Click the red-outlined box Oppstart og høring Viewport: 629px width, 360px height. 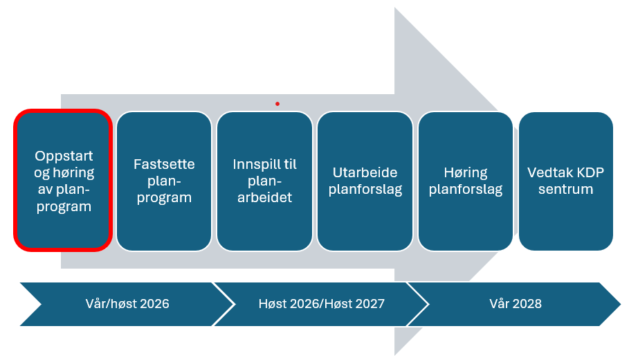[x=63, y=181]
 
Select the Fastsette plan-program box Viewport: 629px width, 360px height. [x=164, y=181]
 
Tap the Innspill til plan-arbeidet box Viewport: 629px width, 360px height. [x=265, y=181]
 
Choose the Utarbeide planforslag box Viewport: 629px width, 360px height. [x=365, y=181]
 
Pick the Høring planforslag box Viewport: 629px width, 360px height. [x=465, y=181]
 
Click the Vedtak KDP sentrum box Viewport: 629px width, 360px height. [x=565, y=181]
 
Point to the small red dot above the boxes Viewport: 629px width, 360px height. [x=277, y=104]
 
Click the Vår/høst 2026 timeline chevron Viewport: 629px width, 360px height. [x=127, y=304]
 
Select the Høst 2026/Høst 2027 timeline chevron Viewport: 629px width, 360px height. [x=321, y=304]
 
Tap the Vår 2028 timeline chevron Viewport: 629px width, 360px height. [x=515, y=304]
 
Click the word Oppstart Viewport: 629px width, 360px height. [x=64, y=156]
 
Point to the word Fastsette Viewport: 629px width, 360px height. [x=164, y=164]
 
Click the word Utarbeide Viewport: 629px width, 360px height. [x=365, y=172]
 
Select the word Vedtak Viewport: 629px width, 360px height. [x=545, y=172]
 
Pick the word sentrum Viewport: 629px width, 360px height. [x=565, y=189]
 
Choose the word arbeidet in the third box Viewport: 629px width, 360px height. [x=265, y=197]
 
